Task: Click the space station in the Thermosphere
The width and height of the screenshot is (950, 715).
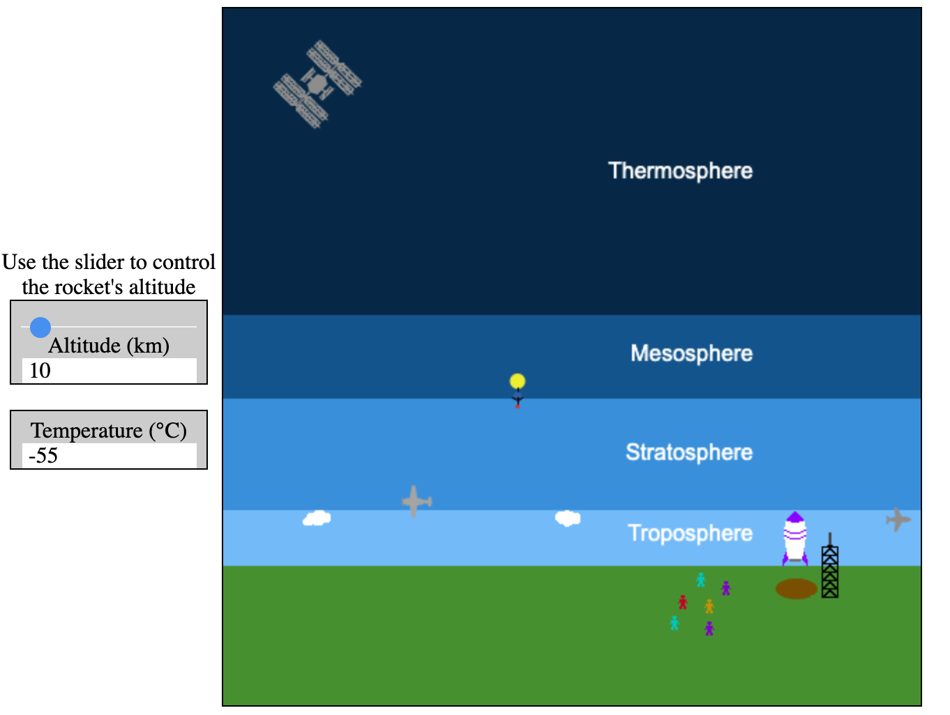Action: click(x=317, y=84)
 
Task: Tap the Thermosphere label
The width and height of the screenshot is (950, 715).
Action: click(x=680, y=171)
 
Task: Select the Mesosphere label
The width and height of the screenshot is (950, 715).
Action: click(x=691, y=353)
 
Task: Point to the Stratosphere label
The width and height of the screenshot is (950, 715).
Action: click(x=689, y=452)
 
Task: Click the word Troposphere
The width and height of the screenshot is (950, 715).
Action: click(x=690, y=533)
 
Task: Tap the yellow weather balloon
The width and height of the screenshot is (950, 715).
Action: click(x=517, y=380)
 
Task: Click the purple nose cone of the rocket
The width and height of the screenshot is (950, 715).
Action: click(x=794, y=517)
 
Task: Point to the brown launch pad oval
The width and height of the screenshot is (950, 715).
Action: click(x=796, y=588)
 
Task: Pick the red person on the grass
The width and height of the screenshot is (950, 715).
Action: click(x=683, y=601)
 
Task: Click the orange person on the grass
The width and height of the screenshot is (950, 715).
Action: click(x=709, y=606)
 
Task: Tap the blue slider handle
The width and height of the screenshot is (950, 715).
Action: click(x=40, y=328)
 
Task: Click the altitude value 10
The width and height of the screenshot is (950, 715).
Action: click(x=40, y=371)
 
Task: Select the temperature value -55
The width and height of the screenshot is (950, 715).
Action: click(x=43, y=456)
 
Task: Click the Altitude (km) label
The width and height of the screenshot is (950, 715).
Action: click(x=109, y=346)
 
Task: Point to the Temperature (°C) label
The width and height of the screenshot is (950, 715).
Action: click(x=109, y=431)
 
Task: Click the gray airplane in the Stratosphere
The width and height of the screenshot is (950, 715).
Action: click(x=416, y=502)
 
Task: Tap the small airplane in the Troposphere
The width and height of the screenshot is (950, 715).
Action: click(x=898, y=519)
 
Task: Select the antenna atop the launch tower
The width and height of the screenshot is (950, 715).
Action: click(x=830, y=539)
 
